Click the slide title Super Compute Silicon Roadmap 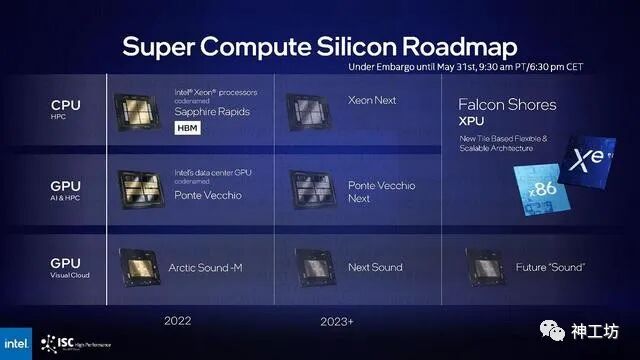click(320, 46)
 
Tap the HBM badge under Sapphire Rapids click(188, 128)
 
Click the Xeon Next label click(372, 102)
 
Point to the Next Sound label click(375, 267)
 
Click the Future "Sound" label click(549, 267)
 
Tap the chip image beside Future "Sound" click(487, 266)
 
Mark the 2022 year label click(179, 320)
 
